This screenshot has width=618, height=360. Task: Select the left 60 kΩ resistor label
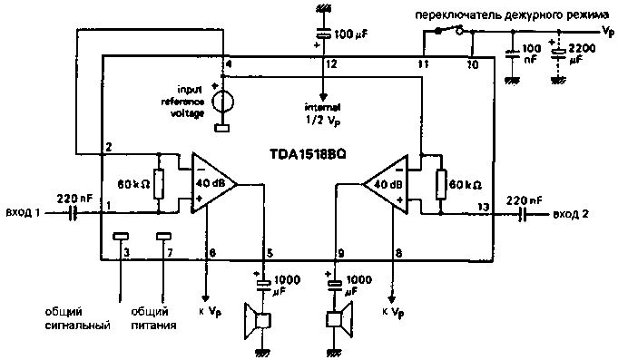pyautogui.click(x=132, y=184)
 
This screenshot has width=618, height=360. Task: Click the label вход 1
pyautogui.click(x=25, y=213)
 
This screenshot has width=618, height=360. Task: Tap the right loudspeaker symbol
pyautogui.click(x=337, y=321)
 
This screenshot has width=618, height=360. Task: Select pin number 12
pyautogui.click(x=332, y=65)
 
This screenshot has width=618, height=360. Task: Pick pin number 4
pyautogui.click(x=228, y=65)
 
